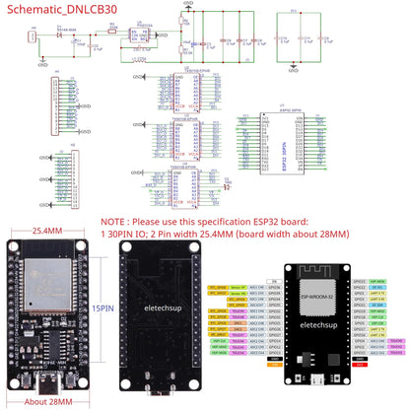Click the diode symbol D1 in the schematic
click(x=62, y=34)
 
